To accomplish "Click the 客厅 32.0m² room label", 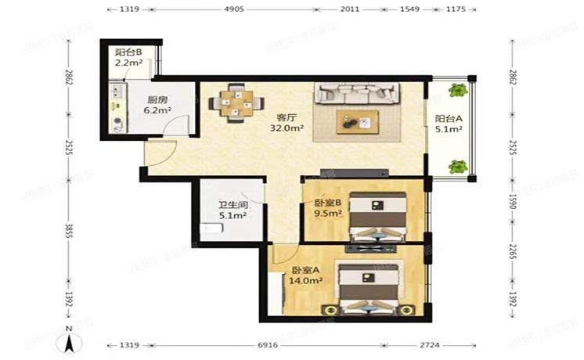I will [287, 122].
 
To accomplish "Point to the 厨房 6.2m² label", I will [157, 106].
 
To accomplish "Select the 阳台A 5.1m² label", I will [448, 125].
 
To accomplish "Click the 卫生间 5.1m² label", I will [233, 211].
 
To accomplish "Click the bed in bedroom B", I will [376, 215].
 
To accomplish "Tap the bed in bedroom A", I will [368, 287].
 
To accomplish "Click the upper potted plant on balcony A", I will [458, 91].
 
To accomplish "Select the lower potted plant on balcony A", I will [458, 166].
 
